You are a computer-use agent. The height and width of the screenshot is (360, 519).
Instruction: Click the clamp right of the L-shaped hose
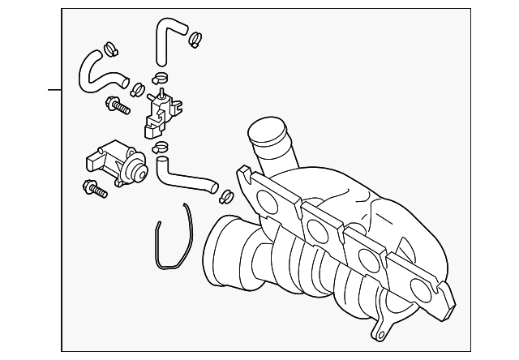click(x=195, y=37)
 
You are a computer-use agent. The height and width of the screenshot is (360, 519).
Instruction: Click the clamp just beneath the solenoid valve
click(x=161, y=147)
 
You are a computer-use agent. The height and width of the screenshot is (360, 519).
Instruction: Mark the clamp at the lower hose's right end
click(x=225, y=195)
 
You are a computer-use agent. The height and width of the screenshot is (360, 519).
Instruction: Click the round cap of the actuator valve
click(x=139, y=170)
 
